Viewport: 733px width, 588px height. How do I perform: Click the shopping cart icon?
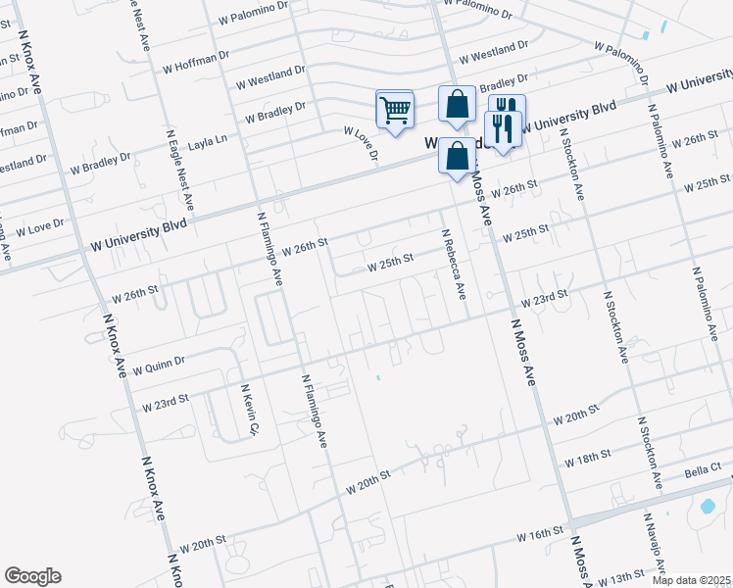pos(395,111)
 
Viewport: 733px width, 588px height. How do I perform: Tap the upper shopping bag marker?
pos(457,105)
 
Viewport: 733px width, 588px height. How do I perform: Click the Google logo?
pos(32,576)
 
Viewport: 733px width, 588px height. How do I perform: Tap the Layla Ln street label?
pos(208,139)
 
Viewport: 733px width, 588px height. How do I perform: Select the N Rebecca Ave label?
pos(453,265)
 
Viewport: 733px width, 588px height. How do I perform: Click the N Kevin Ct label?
pos(247,411)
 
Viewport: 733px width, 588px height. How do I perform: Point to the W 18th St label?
pos(588,458)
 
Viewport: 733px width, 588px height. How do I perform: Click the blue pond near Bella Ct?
pos(706,508)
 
